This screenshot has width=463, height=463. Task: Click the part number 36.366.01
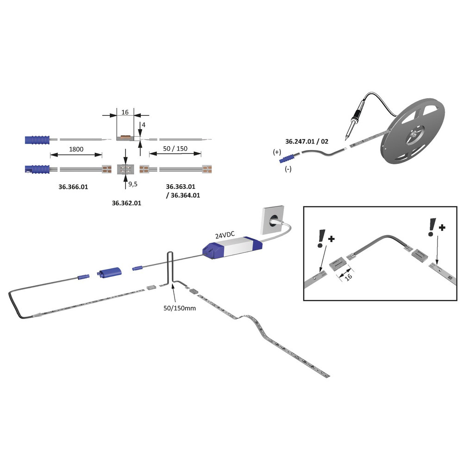73,187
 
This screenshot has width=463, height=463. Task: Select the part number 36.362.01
126,203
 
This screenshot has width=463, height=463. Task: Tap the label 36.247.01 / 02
307,141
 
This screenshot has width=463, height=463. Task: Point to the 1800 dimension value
76,149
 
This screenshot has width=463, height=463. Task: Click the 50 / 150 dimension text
175,149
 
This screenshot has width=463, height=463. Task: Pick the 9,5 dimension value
133,184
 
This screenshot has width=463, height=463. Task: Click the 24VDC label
225,235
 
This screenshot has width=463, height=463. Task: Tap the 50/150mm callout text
180,308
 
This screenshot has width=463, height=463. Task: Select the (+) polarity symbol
277,152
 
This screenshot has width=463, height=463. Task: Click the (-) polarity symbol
288,169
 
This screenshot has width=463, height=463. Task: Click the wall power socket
273,220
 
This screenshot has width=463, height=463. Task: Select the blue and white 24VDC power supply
232,247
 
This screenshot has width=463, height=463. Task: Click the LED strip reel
413,131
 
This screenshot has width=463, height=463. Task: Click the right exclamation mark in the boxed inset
432,227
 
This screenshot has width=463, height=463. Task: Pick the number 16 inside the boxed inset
349,277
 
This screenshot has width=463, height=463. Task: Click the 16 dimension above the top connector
125,112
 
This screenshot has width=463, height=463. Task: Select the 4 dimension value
144,125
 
